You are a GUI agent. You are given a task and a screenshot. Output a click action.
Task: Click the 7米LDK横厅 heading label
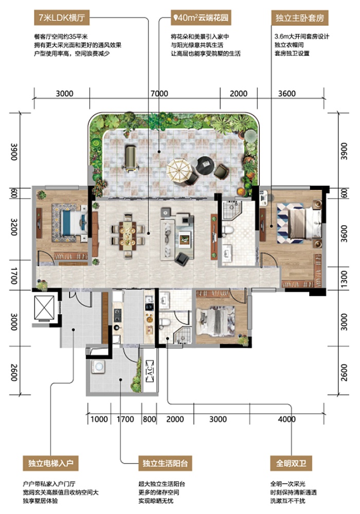tap(62, 17)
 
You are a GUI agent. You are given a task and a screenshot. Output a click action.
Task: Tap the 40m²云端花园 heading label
tap(201, 17)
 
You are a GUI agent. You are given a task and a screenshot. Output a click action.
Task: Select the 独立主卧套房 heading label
tap(300, 17)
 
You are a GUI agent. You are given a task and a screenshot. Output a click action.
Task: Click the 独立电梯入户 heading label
tap(51, 463)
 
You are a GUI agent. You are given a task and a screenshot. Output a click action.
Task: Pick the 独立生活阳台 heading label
tap(165, 463)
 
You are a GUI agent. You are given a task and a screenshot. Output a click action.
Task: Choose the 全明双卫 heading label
tap(291, 463)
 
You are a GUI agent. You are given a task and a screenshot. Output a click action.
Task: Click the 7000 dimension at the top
tap(159, 94)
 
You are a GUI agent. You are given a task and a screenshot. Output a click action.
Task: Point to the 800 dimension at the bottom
tap(149, 419)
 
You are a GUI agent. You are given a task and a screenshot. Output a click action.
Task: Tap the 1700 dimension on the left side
tap(14, 276)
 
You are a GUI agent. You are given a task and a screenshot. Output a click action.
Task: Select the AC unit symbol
tap(149, 371)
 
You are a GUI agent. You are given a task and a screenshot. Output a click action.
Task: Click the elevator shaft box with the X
tap(44, 307)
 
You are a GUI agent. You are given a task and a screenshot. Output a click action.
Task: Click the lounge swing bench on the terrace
tap(131, 158)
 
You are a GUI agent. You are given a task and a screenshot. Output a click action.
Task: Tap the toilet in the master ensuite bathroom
tap(228, 230)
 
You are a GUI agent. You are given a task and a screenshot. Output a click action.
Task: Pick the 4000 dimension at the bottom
tap(287, 419)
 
